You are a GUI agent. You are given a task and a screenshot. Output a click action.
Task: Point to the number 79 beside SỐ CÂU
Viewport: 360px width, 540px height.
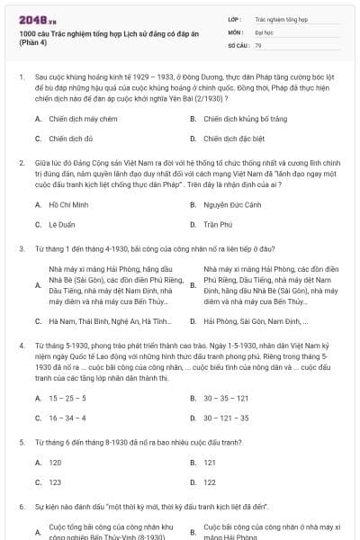pyautogui.click(x=258, y=44)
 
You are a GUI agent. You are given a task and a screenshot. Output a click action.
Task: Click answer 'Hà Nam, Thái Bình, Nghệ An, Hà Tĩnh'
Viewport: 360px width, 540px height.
pyautogui.click(x=109, y=320)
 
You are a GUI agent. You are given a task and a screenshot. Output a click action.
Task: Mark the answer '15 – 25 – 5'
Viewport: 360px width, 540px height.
pyautogui.click(x=62, y=398)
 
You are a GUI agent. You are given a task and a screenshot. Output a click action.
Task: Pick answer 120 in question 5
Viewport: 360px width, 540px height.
pyautogui.click(x=55, y=463)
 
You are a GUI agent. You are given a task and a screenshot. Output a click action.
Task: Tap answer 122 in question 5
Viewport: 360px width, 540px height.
pyautogui.click(x=55, y=482)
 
